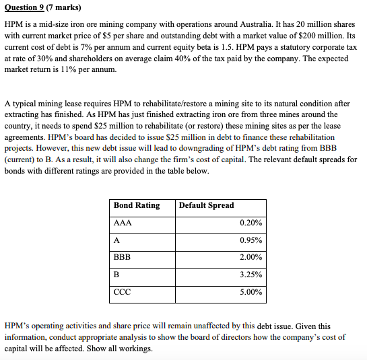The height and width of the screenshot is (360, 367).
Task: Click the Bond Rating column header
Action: click(x=137, y=205)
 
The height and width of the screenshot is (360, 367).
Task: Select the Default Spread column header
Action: click(x=207, y=205)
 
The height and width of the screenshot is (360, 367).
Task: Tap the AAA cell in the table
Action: click(x=123, y=223)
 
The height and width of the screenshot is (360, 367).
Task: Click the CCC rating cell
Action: click(x=123, y=292)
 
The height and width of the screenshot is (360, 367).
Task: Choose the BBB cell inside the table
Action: click(x=123, y=257)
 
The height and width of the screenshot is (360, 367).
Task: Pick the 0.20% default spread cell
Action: click(x=251, y=223)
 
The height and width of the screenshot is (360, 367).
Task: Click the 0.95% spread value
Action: click(x=251, y=240)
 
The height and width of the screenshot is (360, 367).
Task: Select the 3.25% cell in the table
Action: click(x=251, y=275)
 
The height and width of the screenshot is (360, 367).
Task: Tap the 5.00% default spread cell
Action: click(x=251, y=292)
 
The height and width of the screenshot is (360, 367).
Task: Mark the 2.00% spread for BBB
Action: click(x=251, y=257)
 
